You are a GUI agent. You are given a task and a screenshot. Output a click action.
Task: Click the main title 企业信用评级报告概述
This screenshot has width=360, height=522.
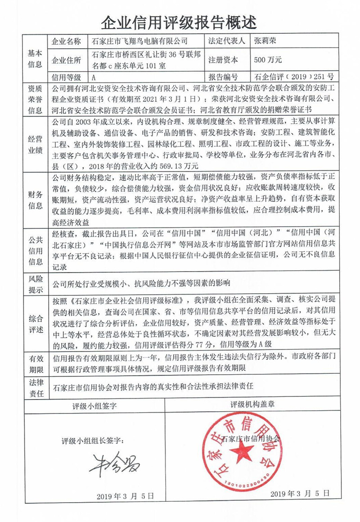(x=180, y=20)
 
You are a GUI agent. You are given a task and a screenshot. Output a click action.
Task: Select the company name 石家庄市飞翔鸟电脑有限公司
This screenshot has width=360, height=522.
(x=139, y=41)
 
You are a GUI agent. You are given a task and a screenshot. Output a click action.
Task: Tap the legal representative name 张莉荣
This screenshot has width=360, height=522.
(x=265, y=41)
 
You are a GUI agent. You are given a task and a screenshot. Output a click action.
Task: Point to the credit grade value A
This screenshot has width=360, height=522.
(x=94, y=77)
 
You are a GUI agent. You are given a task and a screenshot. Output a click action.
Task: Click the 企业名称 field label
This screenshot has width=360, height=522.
(x=67, y=42)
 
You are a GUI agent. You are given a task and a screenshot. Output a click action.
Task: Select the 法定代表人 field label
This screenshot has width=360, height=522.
(x=226, y=41)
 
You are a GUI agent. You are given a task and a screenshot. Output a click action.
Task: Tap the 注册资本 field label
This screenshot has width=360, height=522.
(x=223, y=59)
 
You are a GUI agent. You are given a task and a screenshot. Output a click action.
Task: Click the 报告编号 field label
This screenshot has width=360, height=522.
(x=223, y=77)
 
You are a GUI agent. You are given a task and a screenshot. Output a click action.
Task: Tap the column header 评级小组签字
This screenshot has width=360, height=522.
(x=95, y=405)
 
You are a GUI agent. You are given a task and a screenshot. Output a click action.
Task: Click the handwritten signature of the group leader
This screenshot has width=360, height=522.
(x=114, y=464)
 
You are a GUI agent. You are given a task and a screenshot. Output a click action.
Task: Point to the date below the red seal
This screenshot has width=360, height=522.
(x=297, y=494)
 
